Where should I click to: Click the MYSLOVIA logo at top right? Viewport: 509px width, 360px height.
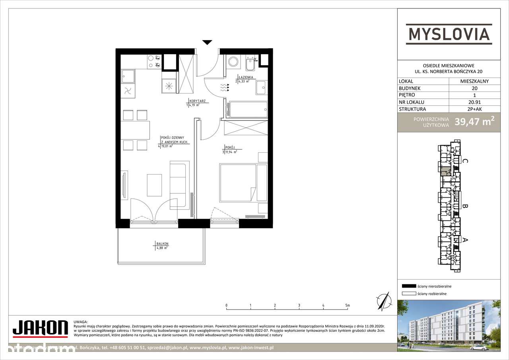(449, 33)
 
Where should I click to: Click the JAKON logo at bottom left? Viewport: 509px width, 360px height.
(40, 328)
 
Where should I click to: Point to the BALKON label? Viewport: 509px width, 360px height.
(163, 243)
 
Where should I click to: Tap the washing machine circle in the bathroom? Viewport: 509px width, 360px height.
(233, 62)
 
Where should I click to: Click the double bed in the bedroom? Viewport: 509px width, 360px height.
(238, 183)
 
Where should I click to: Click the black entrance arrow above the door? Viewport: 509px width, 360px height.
(207, 43)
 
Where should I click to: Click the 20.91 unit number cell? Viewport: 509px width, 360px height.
(475, 102)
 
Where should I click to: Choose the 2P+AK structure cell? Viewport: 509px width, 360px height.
(475, 109)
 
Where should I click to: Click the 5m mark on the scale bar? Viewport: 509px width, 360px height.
(348, 306)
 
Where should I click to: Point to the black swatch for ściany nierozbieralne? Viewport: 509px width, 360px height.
(409, 286)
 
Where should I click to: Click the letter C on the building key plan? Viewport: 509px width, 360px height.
(465, 161)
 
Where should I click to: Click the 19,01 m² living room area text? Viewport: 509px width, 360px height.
(167, 146)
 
